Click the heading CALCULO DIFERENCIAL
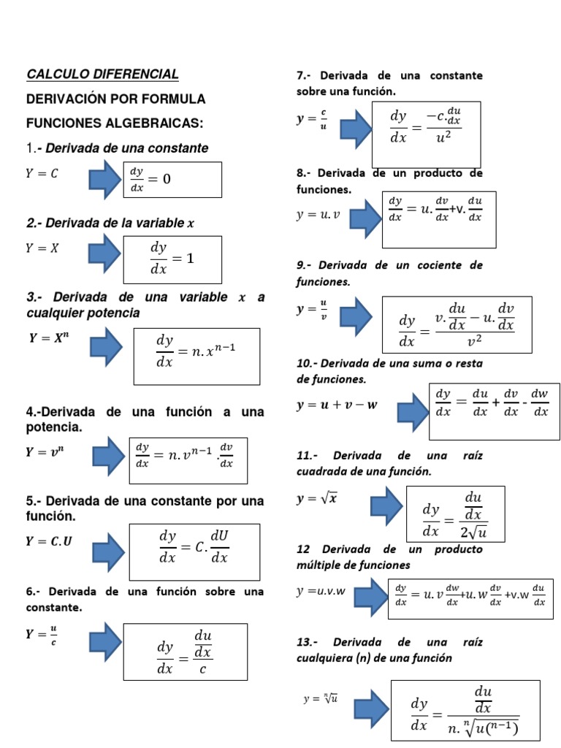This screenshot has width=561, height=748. pyautogui.click(x=102, y=75)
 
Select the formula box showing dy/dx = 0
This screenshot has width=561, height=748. pyautogui.click(x=172, y=180)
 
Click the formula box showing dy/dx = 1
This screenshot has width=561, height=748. pyautogui.click(x=172, y=259)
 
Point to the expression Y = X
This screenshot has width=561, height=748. pyautogui.click(x=42, y=248)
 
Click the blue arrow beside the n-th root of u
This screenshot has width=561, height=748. pyautogui.click(x=369, y=708)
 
